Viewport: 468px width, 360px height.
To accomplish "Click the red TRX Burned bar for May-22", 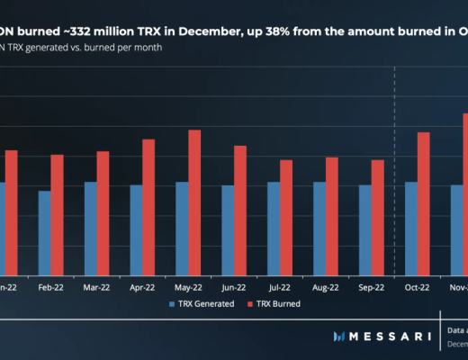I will coord(194,202).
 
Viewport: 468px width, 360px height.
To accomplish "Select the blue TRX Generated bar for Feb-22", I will coord(44,232).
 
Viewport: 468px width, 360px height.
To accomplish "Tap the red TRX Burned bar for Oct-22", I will coord(423,203).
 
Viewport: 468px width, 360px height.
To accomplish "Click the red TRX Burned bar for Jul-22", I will coord(286,217).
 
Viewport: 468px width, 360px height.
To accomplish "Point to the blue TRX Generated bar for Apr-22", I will coord(136,229).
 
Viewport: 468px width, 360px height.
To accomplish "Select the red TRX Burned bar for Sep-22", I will coord(378,217).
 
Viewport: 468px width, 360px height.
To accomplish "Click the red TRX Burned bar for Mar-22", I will coord(103,212).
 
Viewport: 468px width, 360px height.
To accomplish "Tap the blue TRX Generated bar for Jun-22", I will coord(228,229).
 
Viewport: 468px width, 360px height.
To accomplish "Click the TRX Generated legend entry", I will coord(202,304).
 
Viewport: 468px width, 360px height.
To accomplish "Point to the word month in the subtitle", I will coord(147,46).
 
